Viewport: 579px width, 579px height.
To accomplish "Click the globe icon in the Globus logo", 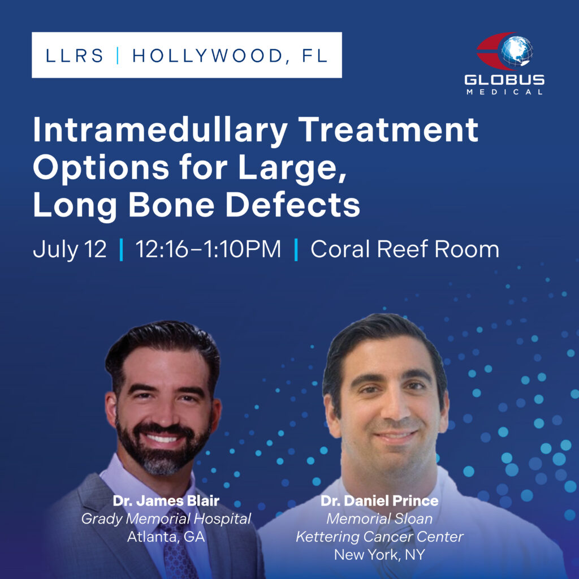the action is point(517,51).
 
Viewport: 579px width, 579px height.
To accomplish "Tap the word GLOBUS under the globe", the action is point(504,80).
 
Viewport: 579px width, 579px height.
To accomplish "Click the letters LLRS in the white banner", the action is point(75,56).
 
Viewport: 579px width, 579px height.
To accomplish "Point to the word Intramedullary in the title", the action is point(160,131).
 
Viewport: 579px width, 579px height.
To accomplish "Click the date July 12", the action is point(70,250).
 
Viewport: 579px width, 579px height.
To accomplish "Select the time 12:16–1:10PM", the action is point(208,249).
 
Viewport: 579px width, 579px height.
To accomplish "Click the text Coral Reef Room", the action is point(405,249).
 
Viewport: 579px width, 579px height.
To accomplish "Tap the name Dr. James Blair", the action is point(166,501).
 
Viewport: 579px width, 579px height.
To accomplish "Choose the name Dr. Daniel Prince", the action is point(379,501).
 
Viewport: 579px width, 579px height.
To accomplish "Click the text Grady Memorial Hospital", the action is point(166,519).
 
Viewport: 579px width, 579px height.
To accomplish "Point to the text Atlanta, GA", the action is point(166,537).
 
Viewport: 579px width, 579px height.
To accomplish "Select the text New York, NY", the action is point(379,555).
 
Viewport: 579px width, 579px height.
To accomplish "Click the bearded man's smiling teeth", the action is point(162,439).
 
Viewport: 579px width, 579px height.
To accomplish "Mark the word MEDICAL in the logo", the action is point(504,92).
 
